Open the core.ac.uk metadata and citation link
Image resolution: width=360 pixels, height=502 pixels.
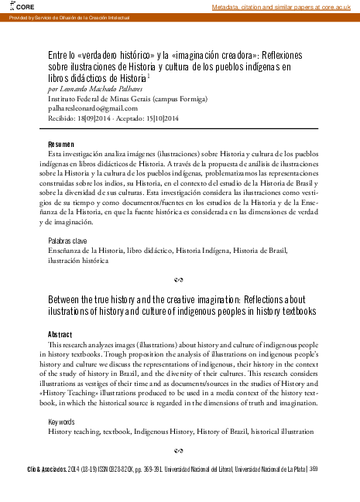click(284, 7)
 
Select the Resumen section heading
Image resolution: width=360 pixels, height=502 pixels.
click(61, 145)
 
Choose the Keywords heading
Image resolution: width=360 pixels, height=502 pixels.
click(61, 422)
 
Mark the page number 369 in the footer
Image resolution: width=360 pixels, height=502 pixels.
click(314, 469)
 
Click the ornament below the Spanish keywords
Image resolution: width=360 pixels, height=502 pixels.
click(180, 278)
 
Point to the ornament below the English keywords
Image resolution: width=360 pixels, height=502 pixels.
click(180, 449)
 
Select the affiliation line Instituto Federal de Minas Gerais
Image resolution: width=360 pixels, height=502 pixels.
click(116, 100)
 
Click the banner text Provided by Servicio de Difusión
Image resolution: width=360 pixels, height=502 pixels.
click(67, 16)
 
